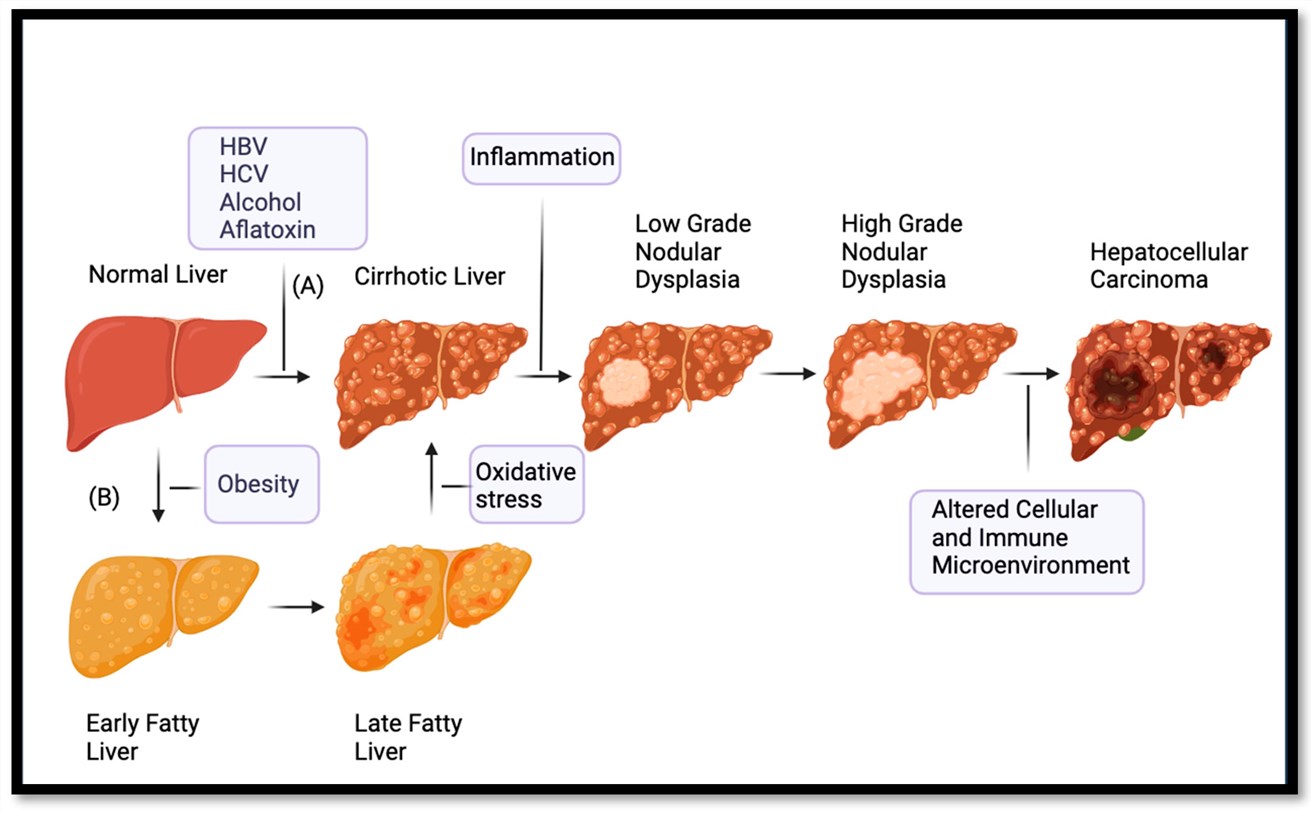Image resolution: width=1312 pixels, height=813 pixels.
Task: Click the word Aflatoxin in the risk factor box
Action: tap(267, 229)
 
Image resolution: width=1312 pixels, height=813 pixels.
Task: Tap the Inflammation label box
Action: tap(541, 157)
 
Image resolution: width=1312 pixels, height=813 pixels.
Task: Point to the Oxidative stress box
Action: tap(526, 484)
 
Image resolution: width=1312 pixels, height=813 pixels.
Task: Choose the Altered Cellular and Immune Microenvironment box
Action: tap(1025, 537)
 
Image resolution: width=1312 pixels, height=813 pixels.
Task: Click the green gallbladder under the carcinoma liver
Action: tap(1131, 434)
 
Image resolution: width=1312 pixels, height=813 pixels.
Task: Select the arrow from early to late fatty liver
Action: tap(297, 606)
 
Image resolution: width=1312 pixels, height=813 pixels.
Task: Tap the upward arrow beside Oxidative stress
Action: tap(431, 480)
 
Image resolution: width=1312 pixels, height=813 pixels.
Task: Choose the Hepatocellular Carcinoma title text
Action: tap(1168, 265)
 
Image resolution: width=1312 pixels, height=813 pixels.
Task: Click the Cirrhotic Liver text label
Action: tap(430, 276)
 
